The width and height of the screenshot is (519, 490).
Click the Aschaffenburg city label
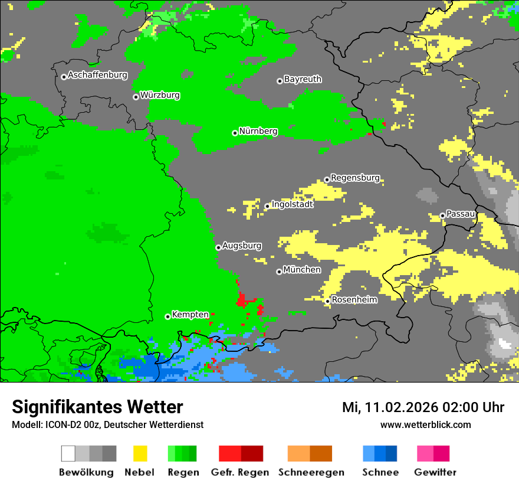(97, 75)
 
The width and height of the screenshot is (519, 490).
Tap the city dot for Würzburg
(136, 97)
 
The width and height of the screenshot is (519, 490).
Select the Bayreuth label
(303, 79)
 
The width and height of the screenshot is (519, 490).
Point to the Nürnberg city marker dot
(235, 133)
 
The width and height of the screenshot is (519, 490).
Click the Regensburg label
(355, 178)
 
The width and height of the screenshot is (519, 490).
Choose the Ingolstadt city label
(292, 204)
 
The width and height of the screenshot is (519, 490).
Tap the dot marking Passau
(442, 215)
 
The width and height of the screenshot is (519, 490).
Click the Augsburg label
(242, 246)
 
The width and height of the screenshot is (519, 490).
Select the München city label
(302, 270)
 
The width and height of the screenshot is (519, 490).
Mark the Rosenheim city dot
(327, 302)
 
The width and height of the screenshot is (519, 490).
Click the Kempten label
(190, 315)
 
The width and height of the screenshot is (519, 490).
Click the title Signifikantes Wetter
(97, 407)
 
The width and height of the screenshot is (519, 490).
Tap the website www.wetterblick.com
(425, 424)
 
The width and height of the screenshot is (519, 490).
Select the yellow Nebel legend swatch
(140, 453)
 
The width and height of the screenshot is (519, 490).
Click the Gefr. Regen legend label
(240, 472)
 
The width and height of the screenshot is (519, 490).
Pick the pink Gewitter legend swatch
(425, 453)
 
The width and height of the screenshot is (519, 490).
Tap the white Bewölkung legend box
(68, 453)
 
